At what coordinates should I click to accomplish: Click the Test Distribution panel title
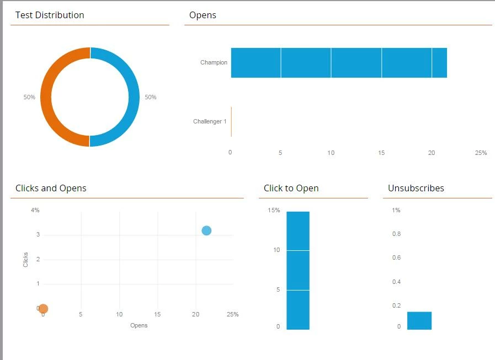tap(50, 15)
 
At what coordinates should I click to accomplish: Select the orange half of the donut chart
tap(46, 97)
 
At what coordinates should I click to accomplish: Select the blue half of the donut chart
tap(133, 97)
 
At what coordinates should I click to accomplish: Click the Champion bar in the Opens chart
tap(338, 62)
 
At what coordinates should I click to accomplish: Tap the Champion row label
tap(214, 62)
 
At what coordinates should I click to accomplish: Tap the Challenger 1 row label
tap(210, 121)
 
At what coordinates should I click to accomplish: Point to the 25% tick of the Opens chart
tap(481, 153)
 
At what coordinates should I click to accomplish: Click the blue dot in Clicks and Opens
tap(206, 230)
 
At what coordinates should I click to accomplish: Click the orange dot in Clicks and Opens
tap(43, 309)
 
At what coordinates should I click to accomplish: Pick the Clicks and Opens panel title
tap(51, 188)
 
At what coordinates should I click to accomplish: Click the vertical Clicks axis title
tap(26, 260)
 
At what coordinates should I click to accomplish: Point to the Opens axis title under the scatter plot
tap(139, 325)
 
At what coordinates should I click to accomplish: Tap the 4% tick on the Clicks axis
tap(35, 210)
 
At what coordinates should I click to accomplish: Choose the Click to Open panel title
tap(291, 188)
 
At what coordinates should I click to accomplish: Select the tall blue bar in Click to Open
tap(298, 270)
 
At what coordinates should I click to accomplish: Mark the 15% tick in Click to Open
tap(274, 210)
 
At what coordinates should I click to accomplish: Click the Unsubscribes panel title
tap(416, 188)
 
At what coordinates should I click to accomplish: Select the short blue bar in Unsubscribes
tap(419, 321)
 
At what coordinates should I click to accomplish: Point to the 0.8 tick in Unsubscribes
tap(396, 234)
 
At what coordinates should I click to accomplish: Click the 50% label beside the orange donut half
tap(29, 97)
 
